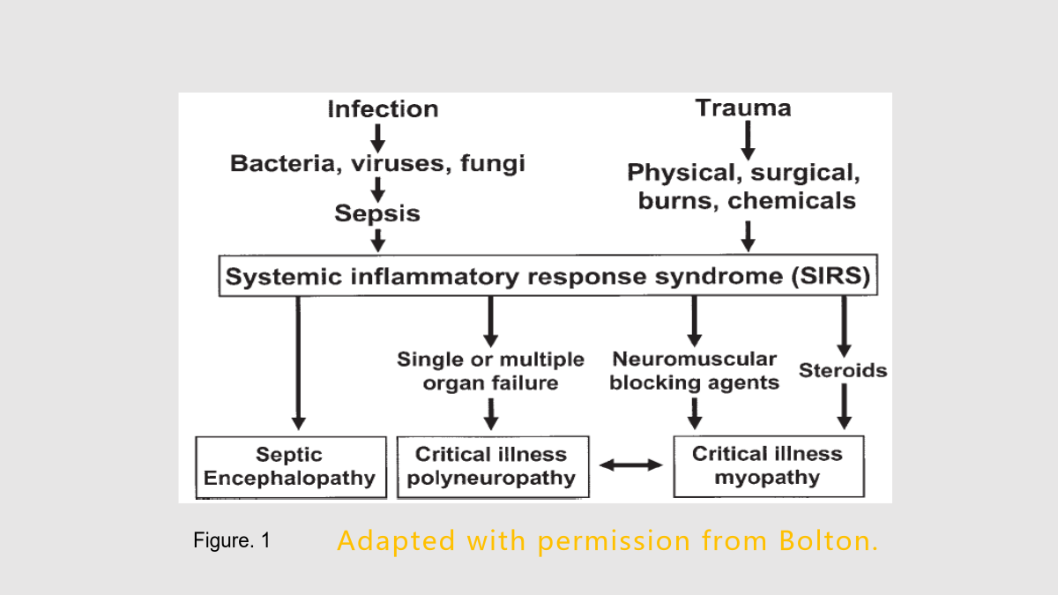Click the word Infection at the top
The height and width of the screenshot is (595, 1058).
click(383, 109)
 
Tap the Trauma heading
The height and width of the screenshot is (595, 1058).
click(743, 108)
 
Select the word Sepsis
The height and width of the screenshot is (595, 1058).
click(377, 213)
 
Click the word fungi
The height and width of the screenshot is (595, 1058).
click(493, 164)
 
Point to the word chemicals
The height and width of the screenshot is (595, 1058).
click(792, 201)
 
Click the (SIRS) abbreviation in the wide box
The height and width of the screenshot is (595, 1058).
click(831, 276)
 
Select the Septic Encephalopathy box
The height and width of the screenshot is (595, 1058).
click(291, 467)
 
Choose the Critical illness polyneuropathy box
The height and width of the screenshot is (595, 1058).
click(493, 466)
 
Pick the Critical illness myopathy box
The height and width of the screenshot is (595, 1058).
click(769, 466)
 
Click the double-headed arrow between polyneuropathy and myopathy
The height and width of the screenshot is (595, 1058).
click(631, 465)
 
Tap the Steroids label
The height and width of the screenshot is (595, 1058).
click(843, 370)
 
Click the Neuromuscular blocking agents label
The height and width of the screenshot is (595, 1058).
click(695, 371)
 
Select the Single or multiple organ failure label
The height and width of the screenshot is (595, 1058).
click(491, 372)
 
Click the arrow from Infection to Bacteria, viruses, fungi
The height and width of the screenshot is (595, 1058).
click(377, 138)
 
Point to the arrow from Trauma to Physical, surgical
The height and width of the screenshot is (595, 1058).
click(748, 141)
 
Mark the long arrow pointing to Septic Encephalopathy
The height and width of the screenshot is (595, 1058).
click(298, 363)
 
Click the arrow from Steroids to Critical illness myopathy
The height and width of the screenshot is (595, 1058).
click(844, 406)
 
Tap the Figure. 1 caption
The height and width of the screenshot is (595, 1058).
click(232, 540)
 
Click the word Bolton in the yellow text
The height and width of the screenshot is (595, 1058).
click(829, 540)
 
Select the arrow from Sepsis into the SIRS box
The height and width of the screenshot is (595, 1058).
click(378, 241)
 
